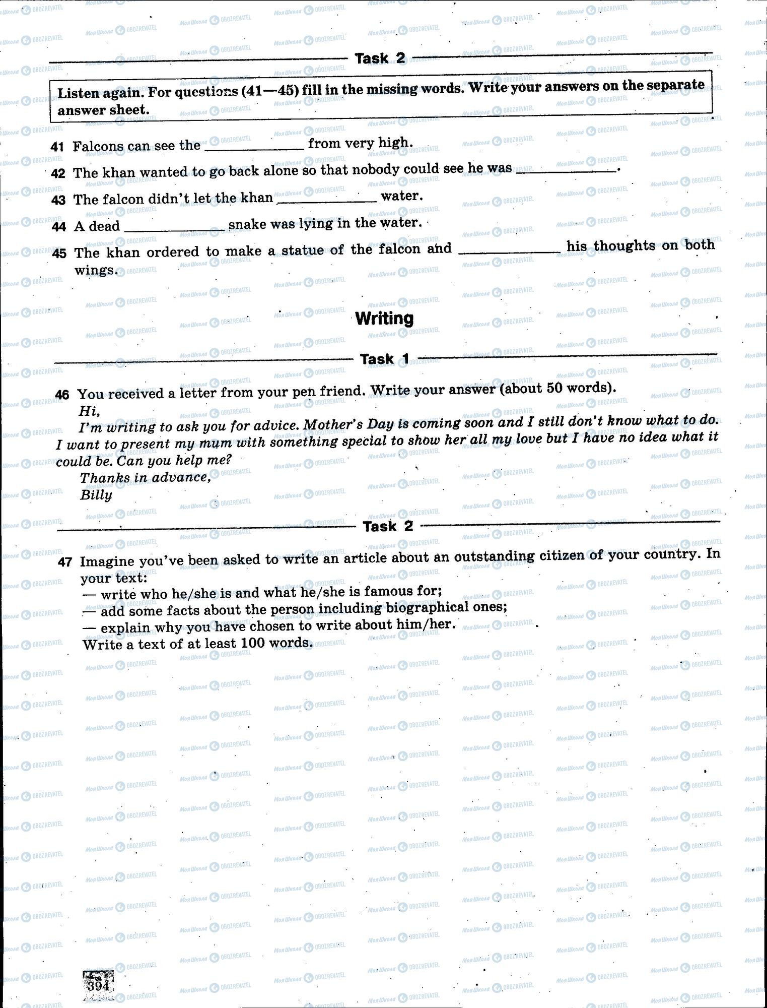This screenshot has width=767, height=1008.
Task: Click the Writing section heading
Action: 384,319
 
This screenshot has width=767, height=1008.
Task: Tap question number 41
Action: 57,147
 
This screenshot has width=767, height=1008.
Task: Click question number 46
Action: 62,394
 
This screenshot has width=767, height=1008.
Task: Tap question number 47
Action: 65,561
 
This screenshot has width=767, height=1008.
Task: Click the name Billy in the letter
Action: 96,495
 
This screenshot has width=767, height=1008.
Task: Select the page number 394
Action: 99,985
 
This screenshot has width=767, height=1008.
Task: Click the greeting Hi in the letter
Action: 89,411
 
